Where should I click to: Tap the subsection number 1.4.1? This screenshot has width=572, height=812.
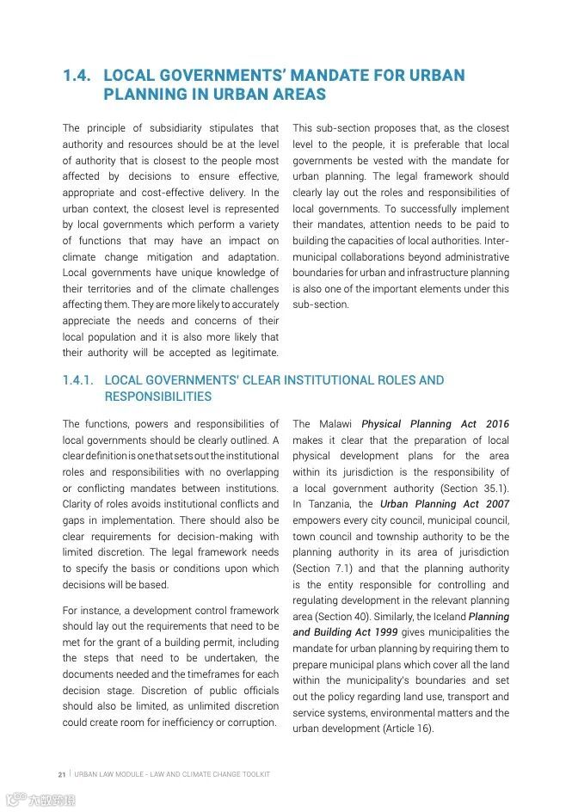(x=78, y=380)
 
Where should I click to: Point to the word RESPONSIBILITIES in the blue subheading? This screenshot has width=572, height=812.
(x=157, y=397)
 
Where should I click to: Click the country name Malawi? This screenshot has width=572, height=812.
(x=335, y=424)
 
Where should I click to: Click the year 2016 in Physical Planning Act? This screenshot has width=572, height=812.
(x=497, y=424)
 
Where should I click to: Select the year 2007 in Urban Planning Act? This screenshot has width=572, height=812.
(x=497, y=504)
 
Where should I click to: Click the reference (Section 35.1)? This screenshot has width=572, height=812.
(x=474, y=488)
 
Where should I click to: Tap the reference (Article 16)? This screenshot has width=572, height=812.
(x=408, y=729)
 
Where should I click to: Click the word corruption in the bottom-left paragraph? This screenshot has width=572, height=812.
(x=251, y=723)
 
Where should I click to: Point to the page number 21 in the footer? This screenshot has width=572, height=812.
(x=62, y=774)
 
